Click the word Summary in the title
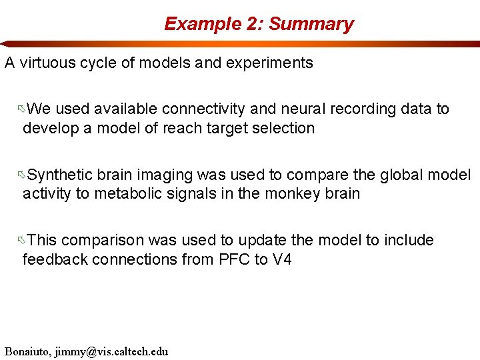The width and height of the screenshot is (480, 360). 311,24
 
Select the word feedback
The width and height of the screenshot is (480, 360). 51,259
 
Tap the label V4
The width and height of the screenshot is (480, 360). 283,259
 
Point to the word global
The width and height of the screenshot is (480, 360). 407,175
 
